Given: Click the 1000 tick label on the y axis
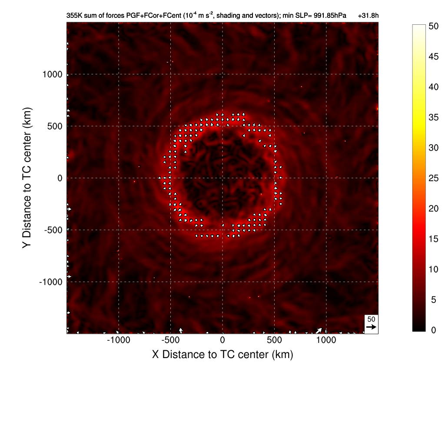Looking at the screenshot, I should click(52, 74).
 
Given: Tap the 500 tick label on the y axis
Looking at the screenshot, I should click(55, 126).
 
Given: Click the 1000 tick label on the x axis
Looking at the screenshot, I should click(326, 340).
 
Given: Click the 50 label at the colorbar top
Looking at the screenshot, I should click(433, 26).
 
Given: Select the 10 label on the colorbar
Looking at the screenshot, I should click(433, 269).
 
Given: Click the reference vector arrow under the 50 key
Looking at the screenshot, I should click(371, 327).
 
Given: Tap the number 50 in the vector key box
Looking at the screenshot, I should click(371, 319).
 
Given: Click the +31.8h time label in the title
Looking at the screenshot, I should click(369, 16).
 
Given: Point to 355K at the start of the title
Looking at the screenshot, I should click(74, 16).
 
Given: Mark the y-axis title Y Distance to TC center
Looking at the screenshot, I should click(27, 178).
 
